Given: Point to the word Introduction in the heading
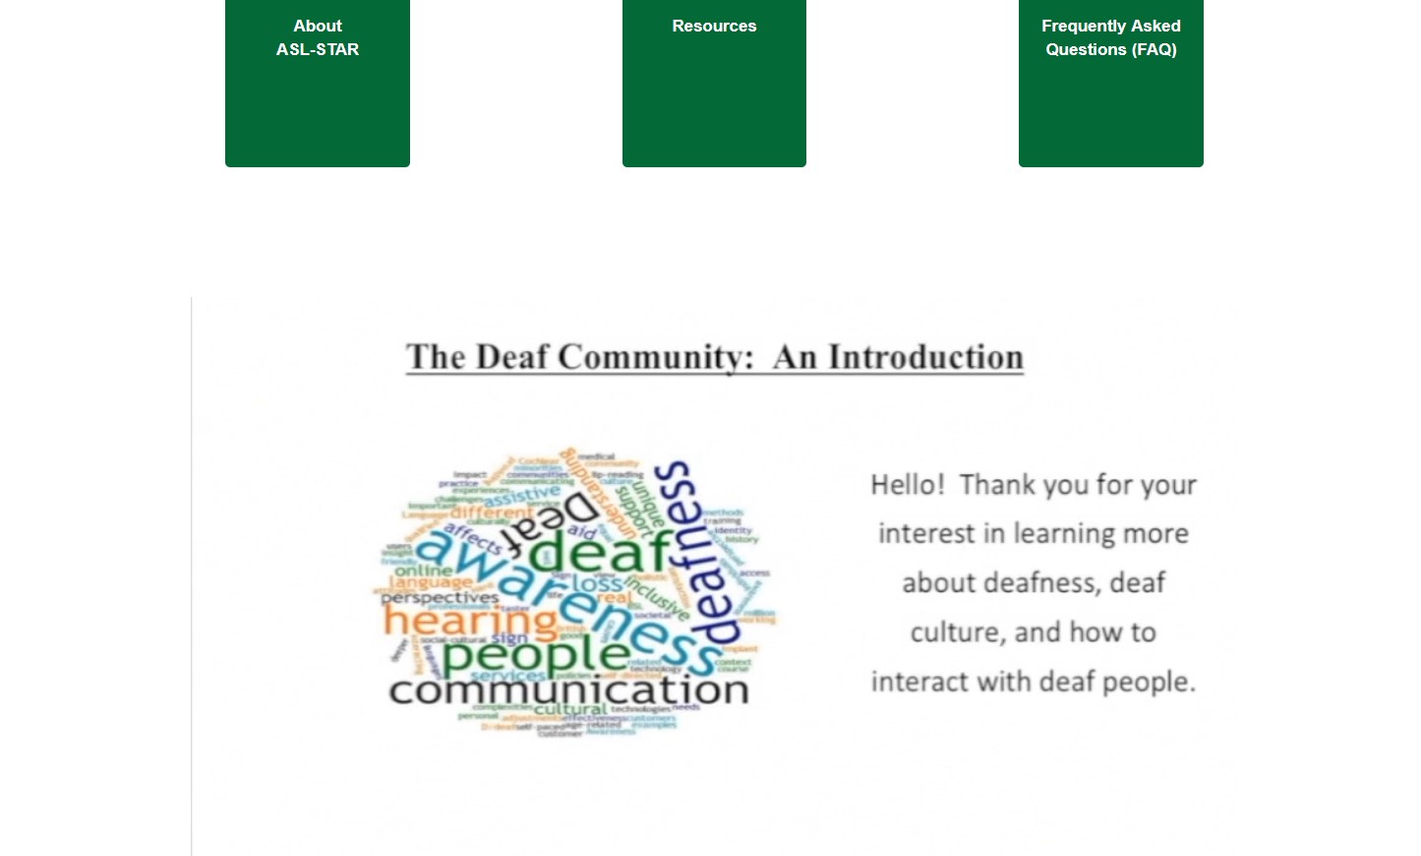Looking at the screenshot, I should click(925, 357).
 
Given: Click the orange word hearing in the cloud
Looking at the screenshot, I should click(470, 621).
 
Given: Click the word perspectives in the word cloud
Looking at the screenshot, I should click(440, 597).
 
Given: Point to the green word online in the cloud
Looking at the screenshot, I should click(424, 570).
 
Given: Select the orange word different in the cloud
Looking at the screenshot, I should click(492, 512).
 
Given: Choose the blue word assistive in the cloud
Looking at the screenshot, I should click(521, 495).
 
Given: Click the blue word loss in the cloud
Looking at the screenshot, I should click(597, 583).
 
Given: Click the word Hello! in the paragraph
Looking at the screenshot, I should click(907, 485).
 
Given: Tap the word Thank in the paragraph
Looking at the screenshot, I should click(997, 485).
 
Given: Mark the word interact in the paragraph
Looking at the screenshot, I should click(918, 682).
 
